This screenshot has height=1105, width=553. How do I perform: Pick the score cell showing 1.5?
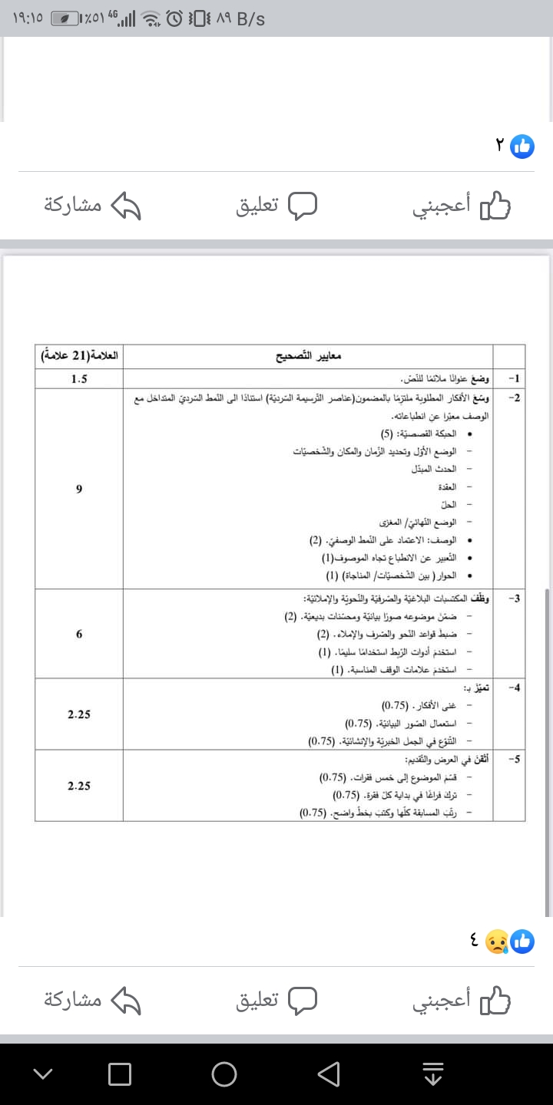click(79, 379)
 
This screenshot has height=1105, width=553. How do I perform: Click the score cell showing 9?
click(79, 490)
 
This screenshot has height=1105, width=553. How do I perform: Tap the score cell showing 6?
click(79, 635)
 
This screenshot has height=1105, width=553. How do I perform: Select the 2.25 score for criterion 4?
click(79, 714)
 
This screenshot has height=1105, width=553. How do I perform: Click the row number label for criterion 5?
click(514, 759)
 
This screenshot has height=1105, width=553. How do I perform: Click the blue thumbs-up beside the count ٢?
click(522, 147)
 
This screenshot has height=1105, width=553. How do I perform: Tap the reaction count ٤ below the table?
click(474, 941)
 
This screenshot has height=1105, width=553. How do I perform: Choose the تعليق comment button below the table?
click(276, 1000)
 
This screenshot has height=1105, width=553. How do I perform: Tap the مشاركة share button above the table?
click(93, 205)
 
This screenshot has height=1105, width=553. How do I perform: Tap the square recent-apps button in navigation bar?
click(120, 1074)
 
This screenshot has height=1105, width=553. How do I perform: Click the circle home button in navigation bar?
click(224, 1074)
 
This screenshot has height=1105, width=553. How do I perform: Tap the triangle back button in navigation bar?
click(329, 1074)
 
